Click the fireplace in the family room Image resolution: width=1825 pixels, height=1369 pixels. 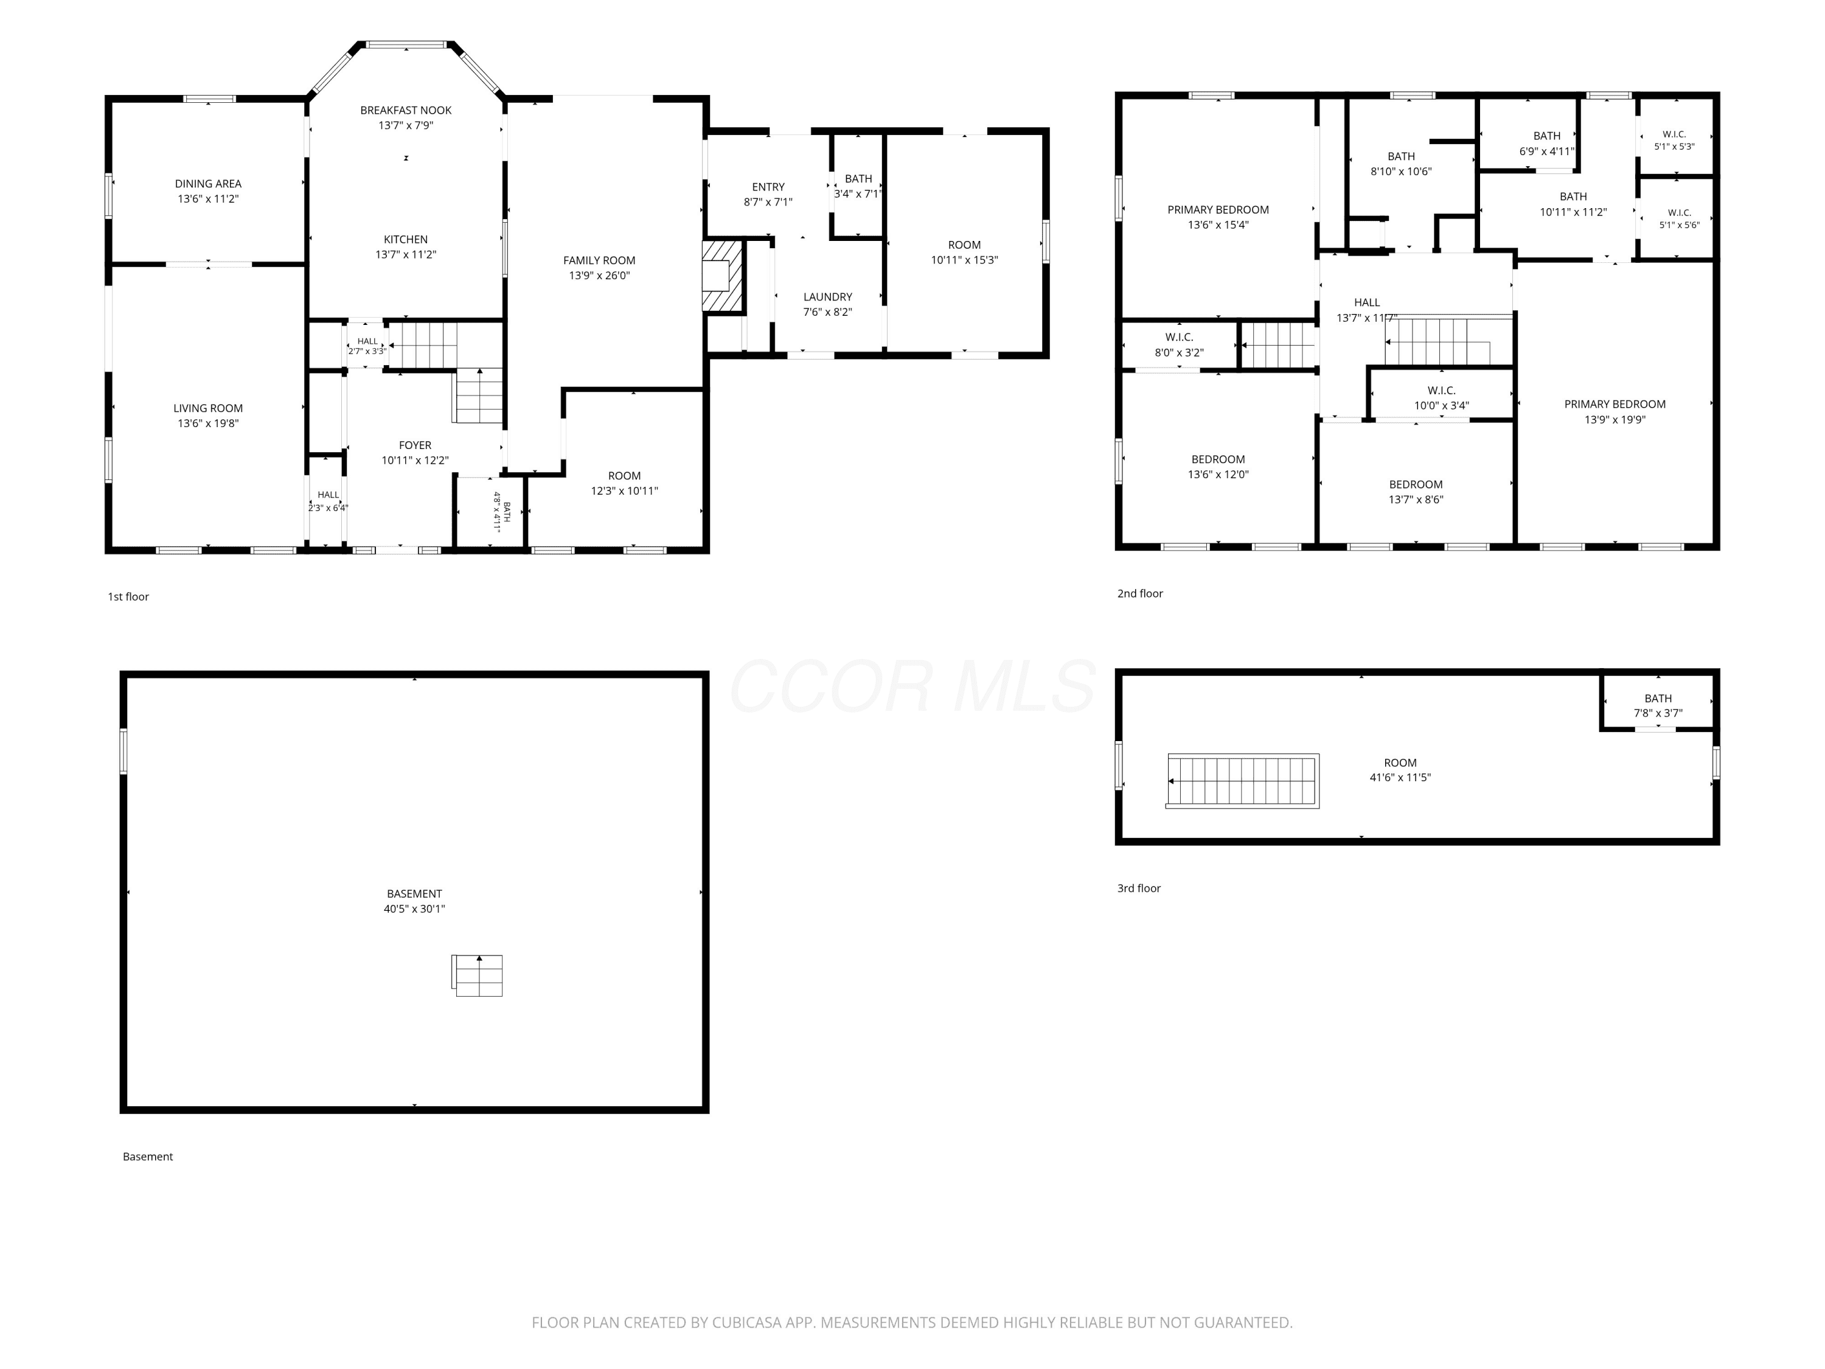click(x=723, y=276)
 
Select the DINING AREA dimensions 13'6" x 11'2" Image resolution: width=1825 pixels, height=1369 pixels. click(x=208, y=199)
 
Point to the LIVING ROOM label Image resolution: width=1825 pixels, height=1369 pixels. click(x=208, y=408)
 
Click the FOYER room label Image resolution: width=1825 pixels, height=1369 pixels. click(x=415, y=445)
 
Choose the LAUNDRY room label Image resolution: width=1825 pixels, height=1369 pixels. click(x=827, y=297)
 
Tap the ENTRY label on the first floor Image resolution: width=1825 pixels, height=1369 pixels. click(x=768, y=187)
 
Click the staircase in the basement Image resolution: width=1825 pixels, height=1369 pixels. click(x=477, y=975)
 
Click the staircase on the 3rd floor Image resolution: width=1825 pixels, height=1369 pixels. click(x=1242, y=781)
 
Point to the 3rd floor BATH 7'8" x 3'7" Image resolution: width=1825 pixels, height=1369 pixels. click(x=1658, y=706)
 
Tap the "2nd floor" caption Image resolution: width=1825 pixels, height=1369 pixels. click(x=1140, y=593)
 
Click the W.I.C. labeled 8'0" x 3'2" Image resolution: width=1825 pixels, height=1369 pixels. click(x=1179, y=345)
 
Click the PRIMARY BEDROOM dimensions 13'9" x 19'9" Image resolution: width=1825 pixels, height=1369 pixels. click(x=1615, y=420)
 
